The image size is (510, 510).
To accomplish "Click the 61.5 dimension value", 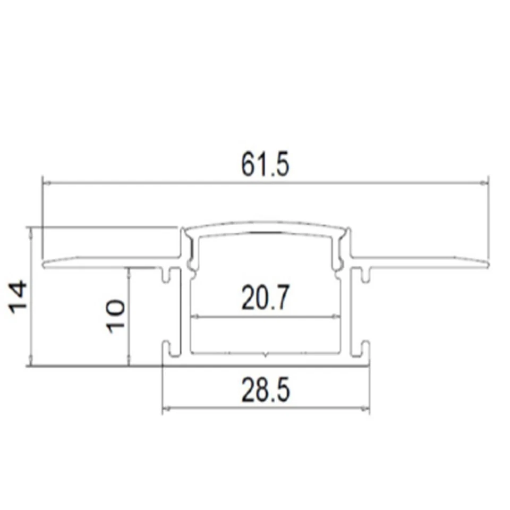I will pyautogui.click(x=265, y=165).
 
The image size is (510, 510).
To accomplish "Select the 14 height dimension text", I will pyautogui.click(x=19, y=298).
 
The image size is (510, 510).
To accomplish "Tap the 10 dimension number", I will pyautogui.click(x=116, y=316).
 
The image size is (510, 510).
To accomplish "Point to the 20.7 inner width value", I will pyautogui.click(x=265, y=298).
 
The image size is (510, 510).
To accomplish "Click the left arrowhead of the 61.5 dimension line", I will pyautogui.click(x=46, y=183).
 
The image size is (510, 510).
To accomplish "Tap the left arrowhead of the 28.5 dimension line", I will pyautogui.click(x=165, y=409).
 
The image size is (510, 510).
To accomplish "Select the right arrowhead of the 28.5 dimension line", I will pyautogui.click(x=366, y=409).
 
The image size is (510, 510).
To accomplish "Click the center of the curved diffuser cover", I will pyautogui.click(x=265, y=226).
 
